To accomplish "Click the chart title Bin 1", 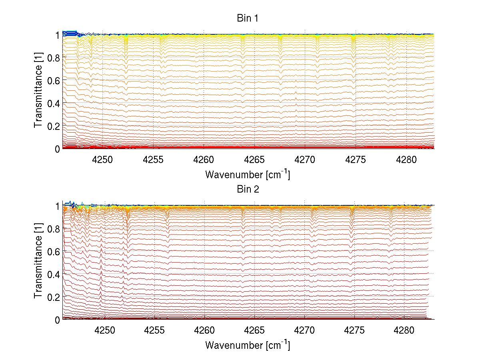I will (x=248, y=18).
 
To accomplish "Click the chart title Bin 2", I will (x=248, y=189).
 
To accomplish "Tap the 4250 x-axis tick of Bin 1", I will (x=102, y=160).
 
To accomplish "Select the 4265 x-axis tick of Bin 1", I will (x=254, y=160).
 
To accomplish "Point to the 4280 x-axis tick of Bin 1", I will (x=406, y=160).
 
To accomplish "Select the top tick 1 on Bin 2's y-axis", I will (x=58, y=206).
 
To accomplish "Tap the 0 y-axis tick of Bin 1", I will (x=58, y=149).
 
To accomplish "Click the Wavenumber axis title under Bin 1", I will (x=248, y=174).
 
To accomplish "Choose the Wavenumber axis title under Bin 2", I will (x=248, y=345).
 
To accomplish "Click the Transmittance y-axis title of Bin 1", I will (x=38, y=91).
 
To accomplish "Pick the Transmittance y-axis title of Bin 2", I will (x=38, y=263).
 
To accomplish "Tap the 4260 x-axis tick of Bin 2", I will (x=204, y=331).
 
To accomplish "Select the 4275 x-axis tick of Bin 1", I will (x=356, y=160).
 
